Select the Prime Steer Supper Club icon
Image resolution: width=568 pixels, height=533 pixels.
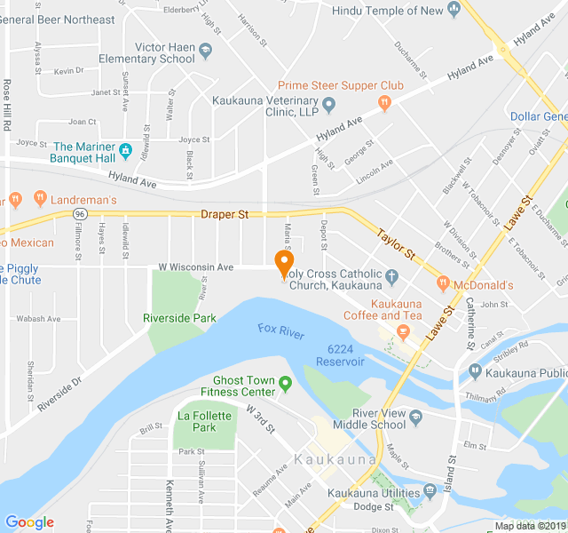click(384, 103)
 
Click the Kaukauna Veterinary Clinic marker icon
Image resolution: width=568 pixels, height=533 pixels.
click(328, 106)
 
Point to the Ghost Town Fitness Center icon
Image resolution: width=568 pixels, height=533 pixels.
click(286, 384)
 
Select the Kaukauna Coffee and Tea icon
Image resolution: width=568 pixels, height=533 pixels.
click(402, 332)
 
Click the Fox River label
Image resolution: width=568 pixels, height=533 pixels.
click(280, 330)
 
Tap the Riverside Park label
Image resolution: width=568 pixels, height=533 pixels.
click(179, 318)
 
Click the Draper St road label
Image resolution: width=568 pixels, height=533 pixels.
click(225, 214)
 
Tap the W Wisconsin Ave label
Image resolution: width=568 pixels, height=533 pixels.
click(195, 266)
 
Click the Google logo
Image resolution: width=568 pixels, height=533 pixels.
click(29, 522)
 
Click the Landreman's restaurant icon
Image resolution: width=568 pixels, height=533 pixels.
click(40, 197)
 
